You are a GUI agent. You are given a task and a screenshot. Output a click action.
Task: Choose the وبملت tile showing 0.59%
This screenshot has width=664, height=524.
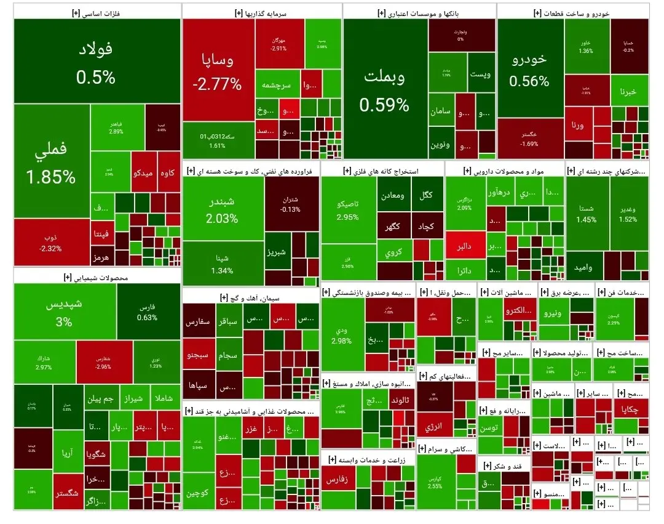click(x=384, y=89)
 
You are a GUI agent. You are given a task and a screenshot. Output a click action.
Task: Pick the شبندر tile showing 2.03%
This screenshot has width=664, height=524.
click(x=223, y=209)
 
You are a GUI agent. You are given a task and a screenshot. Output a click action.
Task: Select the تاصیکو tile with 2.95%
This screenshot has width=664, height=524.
click(x=348, y=210)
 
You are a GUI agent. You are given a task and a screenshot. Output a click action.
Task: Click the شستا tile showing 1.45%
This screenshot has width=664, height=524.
click(x=586, y=214)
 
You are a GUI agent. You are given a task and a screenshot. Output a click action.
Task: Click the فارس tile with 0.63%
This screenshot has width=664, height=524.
click(x=148, y=312)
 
